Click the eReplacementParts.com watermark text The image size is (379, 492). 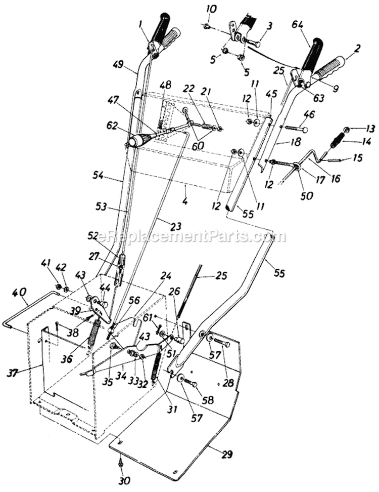(x=184, y=236)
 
